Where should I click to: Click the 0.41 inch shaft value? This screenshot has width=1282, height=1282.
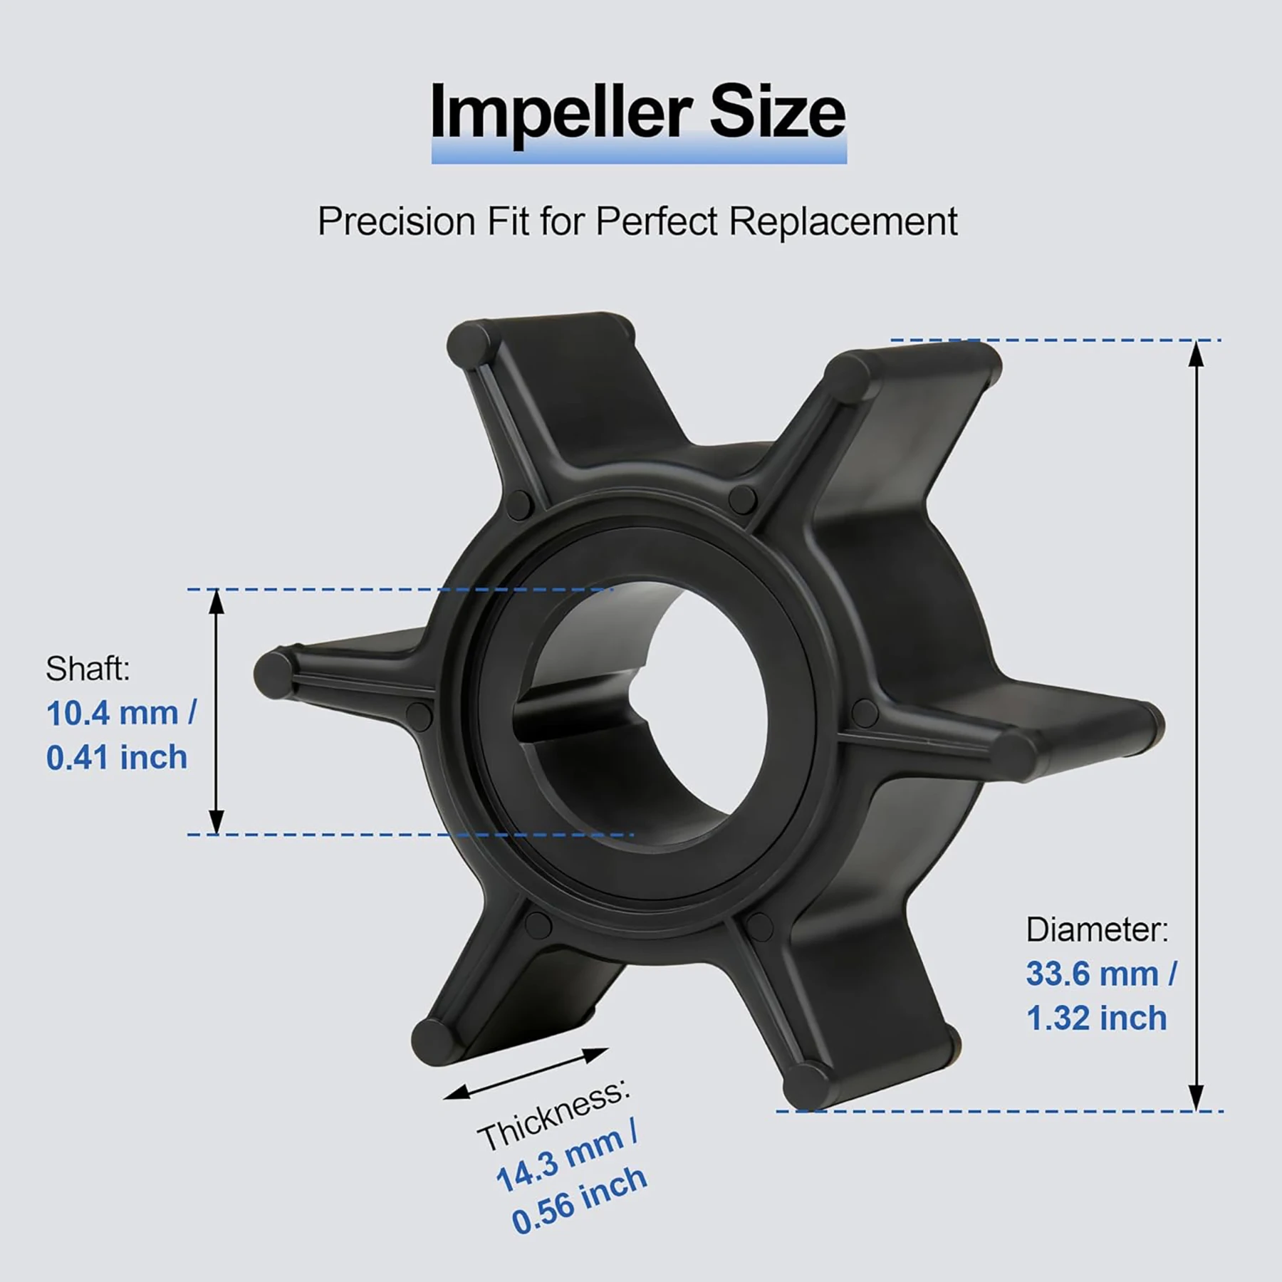click(117, 757)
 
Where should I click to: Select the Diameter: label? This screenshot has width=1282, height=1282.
click(1097, 929)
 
